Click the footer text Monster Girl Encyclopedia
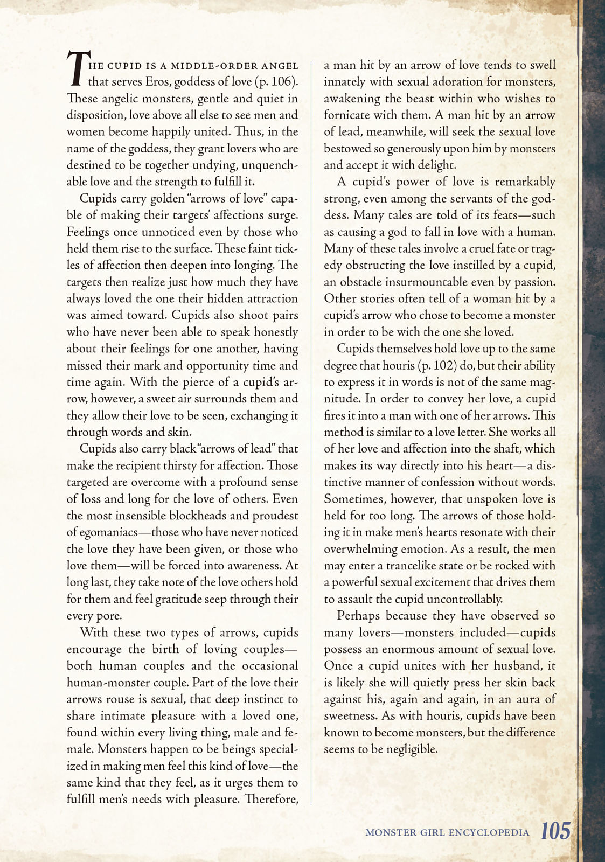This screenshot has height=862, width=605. [447, 832]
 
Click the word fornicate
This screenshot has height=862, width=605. [349, 115]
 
